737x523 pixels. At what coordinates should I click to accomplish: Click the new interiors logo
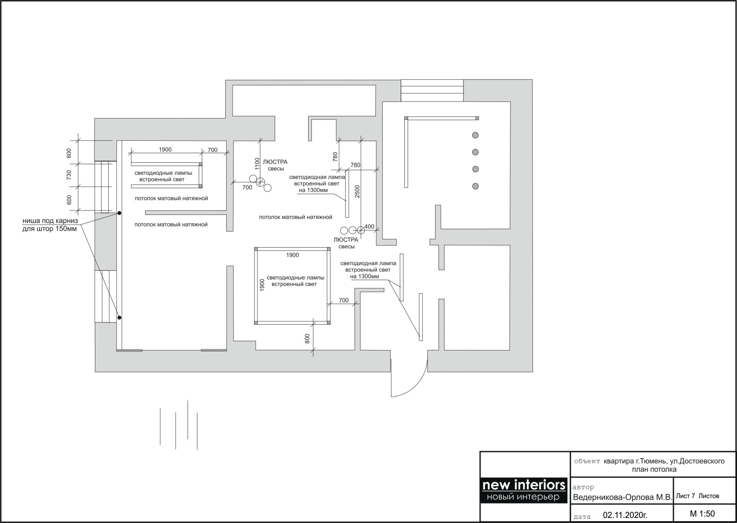[x=524, y=490]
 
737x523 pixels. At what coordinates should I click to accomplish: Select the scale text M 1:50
[x=702, y=513]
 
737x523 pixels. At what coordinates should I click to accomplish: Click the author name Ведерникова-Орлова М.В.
[x=622, y=497]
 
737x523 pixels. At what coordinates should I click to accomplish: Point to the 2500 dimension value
[x=357, y=191]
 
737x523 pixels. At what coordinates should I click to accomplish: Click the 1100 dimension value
[x=257, y=164]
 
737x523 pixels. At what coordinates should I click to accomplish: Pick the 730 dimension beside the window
[x=69, y=175]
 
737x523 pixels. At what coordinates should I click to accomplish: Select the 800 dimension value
[x=307, y=339]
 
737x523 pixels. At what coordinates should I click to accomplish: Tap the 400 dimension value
[x=369, y=226]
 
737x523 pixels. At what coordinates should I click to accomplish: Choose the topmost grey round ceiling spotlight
[x=475, y=135]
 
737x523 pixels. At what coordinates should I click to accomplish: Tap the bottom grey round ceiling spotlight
[x=475, y=186]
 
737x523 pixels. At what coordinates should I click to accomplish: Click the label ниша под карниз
[x=50, y=220]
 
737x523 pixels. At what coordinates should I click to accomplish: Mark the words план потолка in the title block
[x=654, y=470]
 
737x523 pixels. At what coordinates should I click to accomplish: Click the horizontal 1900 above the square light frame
[x=292, y=255]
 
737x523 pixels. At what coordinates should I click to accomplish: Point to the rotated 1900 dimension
[x=262, y=285]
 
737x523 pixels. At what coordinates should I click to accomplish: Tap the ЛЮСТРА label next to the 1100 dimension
[x=275, y=162]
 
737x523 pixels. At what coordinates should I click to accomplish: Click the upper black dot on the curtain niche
[x=119, y=213]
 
